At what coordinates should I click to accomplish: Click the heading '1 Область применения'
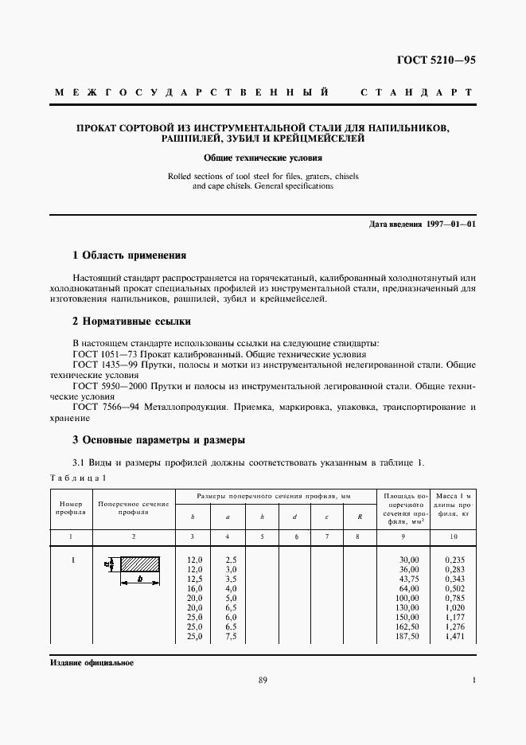[129, 255]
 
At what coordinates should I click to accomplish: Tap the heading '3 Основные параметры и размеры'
[158, 439]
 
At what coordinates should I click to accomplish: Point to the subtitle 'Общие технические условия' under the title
[262, 158]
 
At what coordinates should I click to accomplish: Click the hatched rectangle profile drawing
[138, 564]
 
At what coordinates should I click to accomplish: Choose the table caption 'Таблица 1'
[77, 477]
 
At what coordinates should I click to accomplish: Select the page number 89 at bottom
[263, 680]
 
